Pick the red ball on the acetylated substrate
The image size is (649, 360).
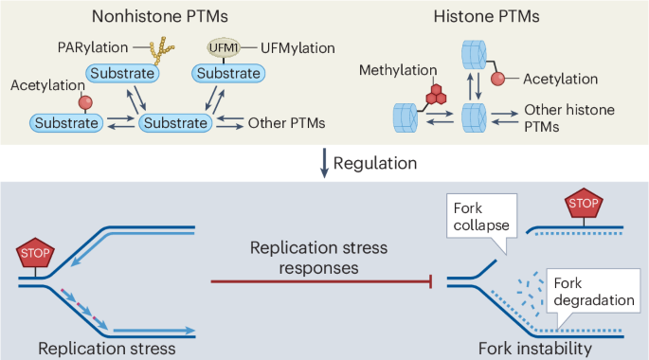(x=58, y=101)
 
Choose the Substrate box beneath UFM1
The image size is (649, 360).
(x=228, y=72)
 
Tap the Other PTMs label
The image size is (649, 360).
(x=286, y=121)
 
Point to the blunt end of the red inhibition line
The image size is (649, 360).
(x=432, y=280)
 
